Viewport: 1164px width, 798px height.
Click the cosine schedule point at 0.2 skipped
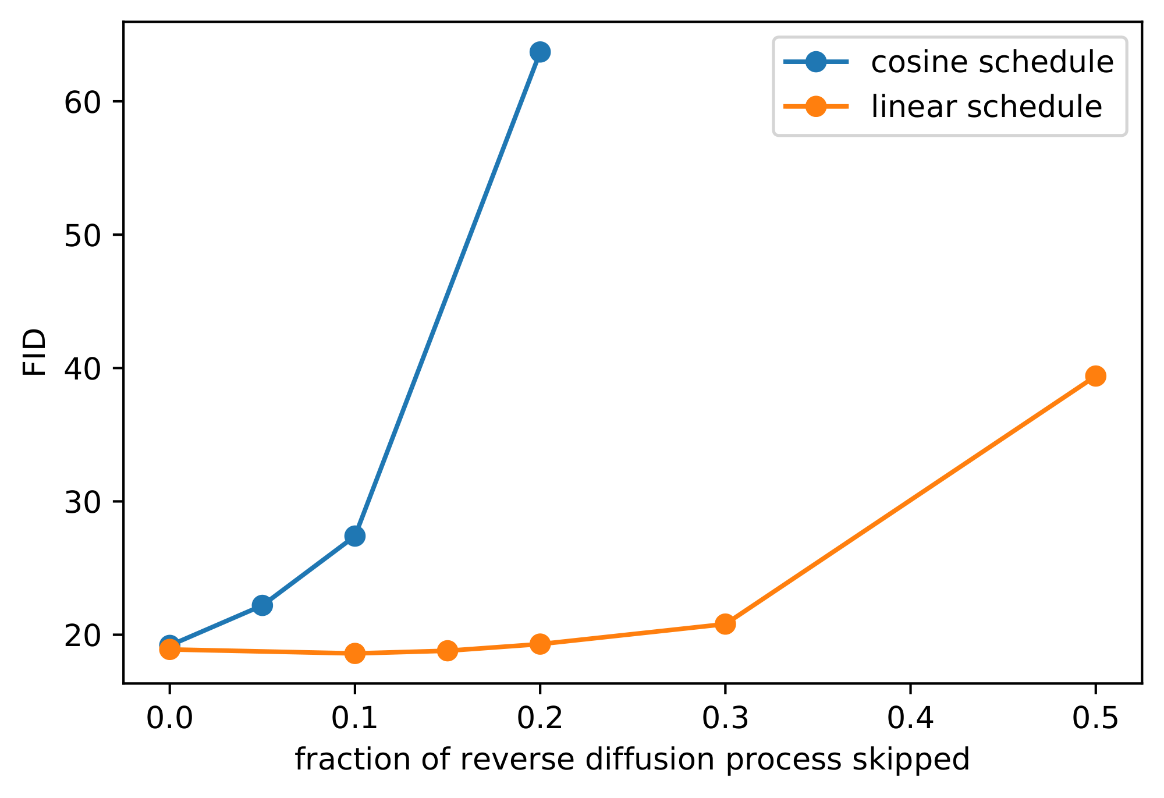[540, 52]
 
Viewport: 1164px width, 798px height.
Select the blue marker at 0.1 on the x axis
[354, 536]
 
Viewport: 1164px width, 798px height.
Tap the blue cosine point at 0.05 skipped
[262, 605]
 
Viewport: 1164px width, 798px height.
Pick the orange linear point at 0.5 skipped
[1095, 376]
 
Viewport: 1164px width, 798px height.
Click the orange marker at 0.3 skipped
[725, 624]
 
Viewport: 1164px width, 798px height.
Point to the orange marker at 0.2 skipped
[540, 644]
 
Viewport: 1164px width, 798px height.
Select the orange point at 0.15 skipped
[447, 650]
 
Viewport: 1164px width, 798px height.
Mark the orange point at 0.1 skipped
[354, 653]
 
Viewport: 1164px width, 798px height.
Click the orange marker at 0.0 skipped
[169, 648]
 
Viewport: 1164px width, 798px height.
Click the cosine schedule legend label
[992, 62]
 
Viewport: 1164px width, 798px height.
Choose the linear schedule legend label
[986, 107]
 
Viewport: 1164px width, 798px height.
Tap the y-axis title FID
[35, 352]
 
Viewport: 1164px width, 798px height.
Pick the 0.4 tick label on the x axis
[910, 719]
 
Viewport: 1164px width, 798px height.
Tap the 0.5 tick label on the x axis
[1095, 719]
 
